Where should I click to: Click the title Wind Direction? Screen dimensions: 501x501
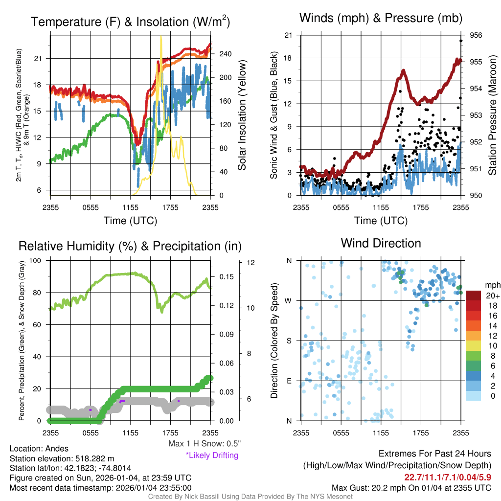[381, 243]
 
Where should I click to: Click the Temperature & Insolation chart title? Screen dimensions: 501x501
[130, 22]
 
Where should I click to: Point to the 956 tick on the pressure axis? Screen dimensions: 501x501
[476, 35]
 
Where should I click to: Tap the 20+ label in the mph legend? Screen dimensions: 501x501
[492, 296]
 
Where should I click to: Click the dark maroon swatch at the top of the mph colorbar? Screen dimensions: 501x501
[474, 295]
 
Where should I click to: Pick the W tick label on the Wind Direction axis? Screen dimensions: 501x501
[289, 300]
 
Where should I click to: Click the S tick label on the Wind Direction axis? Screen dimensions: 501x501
[290, 341]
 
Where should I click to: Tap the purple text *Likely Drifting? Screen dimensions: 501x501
[212, 455]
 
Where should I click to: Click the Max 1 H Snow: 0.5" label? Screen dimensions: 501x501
[204, 444]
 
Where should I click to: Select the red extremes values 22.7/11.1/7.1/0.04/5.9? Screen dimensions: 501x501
[447, 477]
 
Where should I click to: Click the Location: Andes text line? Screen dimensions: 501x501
[39, 449]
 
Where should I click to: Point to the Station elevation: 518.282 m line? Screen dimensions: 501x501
[62, 458]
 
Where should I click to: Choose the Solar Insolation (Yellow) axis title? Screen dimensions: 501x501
[242, 115]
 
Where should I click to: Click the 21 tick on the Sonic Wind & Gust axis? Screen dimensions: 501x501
[288, 35]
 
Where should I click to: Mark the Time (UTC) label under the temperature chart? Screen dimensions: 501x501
[130, 221]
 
